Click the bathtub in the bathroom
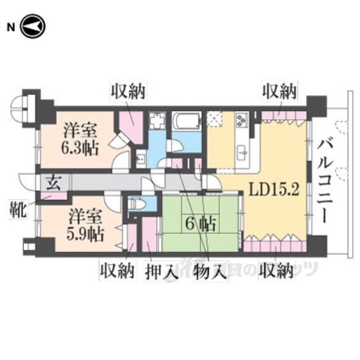pyautogui.click(x=186, y=121)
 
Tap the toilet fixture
pyautogui.click(x=137, y=204)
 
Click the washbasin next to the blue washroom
pyautogui.click(x=141, y=158)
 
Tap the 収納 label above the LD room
pyautogui.click(x=279, y=90)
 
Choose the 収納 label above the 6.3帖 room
pyautogui.click(x=128, y=90)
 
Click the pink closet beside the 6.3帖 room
pyautogui.click(x=130, y=127)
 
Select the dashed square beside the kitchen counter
pyautogui.click(x=215, y=120)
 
